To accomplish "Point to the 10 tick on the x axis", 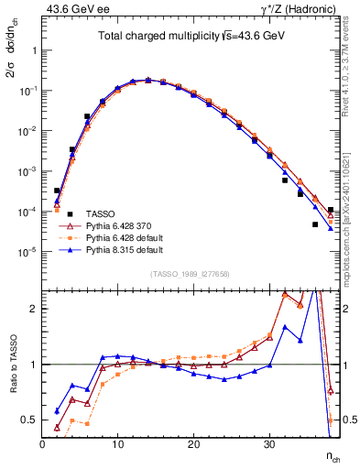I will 118,444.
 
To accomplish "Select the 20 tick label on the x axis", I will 193,444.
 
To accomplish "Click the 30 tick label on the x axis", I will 269,444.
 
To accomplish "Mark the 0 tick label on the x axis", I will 42,444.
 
